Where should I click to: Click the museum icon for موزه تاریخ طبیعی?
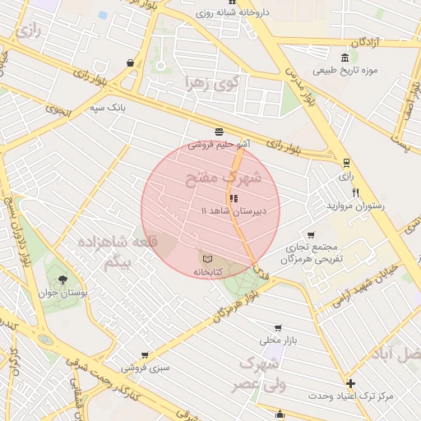[x=344, y=58]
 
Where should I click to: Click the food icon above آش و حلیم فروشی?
[x=219, y=132]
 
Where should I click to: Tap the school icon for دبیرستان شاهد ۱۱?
[x=234, y=198]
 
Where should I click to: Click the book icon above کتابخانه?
[x=206, y=259]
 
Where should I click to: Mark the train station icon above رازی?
[x=346, y=163]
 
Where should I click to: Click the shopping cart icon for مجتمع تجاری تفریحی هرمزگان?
[x=310, y=234]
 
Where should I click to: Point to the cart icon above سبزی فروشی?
[x=145, y=355]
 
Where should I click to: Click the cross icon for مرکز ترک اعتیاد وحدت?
[x=351, y=383]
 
